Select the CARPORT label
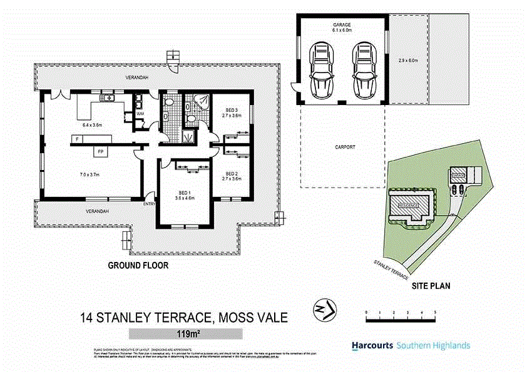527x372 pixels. pyautogui.click(x=345, y=147)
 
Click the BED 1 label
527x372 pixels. pyautogui.click(x=184, y=193)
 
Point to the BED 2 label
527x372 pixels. pyautogui.click(x=232, y=174)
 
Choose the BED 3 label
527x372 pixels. pyautogui.click(x=232, y=110)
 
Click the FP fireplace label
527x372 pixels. pyautogui.click(x=100, y=151)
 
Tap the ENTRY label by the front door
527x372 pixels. pyautogui.click(x=149, y=204)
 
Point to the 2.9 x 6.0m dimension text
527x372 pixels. pyautogui.click(x=407, y=61)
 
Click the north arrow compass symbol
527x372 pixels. pyautogui.click(x=324, y=309)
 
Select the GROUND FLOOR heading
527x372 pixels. pyautogui.click(x=138, y=265)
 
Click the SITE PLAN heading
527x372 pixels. pyautogui.click(x=431, y=286)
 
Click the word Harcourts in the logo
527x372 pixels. pyautogui.click(x=372, y=345)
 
